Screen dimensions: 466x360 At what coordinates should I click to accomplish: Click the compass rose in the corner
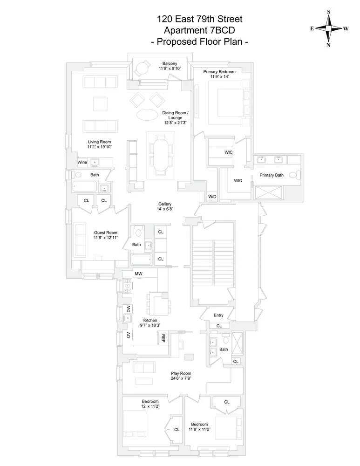[329, 28]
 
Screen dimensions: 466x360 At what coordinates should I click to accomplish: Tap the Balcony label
[170, 63]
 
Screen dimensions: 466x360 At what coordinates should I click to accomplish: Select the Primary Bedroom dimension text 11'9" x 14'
[219, 77]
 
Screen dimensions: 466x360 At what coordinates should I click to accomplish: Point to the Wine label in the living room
[82, 162]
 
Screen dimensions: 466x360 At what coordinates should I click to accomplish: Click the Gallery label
[165, 204]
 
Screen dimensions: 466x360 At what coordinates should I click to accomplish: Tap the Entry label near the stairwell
[218, 315]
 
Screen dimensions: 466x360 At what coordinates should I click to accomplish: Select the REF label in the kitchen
[163, 338]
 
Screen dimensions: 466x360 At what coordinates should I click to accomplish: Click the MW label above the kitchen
[138, 274]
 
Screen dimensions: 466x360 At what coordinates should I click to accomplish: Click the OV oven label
[128, 336]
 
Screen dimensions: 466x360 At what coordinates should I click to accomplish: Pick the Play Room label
[181, 373]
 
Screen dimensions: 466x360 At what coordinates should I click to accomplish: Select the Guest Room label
[105, 233]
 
